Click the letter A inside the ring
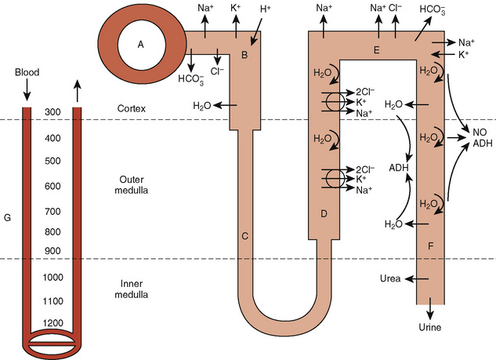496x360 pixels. pos(141,45)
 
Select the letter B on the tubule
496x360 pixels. pos(244,55)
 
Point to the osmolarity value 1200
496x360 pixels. pos(54,324)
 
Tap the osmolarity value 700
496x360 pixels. pos(54,212)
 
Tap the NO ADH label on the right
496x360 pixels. pos(480,138)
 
